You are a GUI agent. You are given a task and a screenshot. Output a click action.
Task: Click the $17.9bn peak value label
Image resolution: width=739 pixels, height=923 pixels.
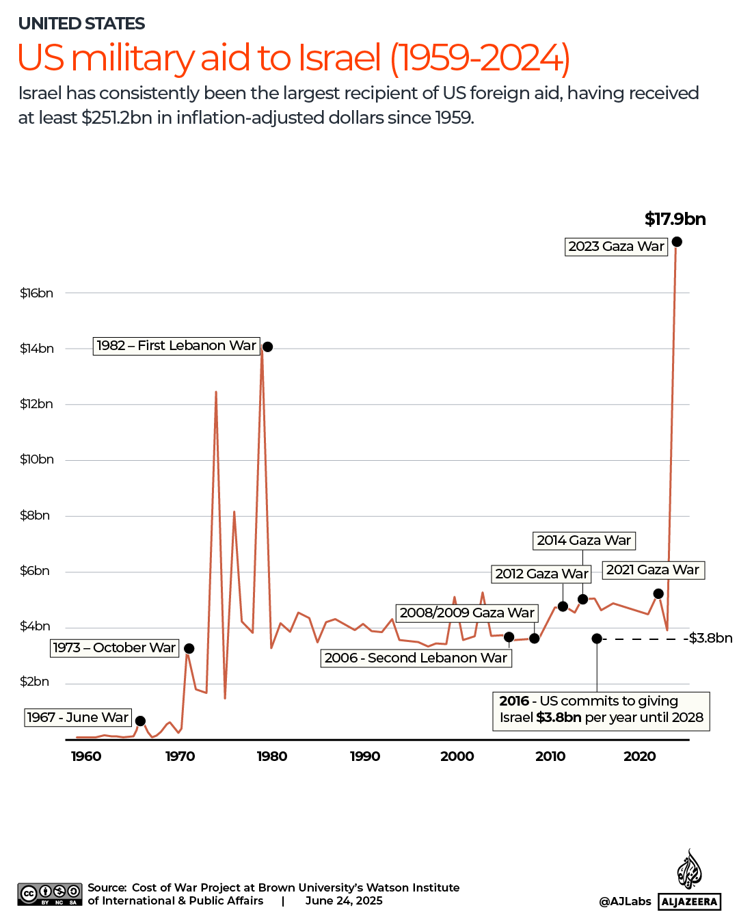[x=675, y=219]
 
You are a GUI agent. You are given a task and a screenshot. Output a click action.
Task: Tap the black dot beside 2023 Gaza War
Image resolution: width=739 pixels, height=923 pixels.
[x=677, y=242]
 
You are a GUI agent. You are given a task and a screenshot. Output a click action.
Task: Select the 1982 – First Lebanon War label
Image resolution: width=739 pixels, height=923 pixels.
[x=176, y=346]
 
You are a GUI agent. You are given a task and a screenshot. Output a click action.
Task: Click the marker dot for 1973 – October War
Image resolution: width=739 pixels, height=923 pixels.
[x=189, y=649]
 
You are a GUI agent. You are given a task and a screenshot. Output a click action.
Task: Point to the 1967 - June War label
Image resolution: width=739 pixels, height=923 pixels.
[x=78, y=717]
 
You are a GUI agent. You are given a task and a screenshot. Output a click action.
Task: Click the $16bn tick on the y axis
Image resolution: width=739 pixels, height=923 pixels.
[x=36, y=293]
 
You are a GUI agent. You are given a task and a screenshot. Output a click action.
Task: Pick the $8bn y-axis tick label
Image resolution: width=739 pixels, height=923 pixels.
[x=35, y=516]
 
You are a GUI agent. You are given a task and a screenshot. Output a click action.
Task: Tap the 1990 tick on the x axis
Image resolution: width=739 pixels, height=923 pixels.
[x=365, y=756]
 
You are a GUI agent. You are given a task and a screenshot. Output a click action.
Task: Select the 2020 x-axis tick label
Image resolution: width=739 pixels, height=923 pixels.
[x=639, y=756]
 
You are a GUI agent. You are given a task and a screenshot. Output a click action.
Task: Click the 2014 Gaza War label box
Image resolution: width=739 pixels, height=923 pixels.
[x=584, y=541]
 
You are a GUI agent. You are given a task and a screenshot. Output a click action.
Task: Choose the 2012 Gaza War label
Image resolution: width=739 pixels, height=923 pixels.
[x=541, y=574]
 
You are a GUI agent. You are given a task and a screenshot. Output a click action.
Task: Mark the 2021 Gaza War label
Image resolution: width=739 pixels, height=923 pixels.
[x=653, y=570]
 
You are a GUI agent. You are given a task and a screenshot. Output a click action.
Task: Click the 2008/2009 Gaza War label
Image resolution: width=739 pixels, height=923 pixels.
[x=467, y=613]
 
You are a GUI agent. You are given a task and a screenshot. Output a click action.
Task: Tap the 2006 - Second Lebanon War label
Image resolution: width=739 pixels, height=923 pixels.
[x=416, y=658]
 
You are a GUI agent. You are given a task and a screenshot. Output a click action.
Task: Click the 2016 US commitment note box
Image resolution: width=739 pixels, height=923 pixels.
[x=601, y=710]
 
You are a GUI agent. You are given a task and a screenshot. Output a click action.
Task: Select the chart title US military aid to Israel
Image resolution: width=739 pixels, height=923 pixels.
[x=293, y=58]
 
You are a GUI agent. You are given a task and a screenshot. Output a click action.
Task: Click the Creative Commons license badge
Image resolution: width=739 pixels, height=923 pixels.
[x=50, y=894]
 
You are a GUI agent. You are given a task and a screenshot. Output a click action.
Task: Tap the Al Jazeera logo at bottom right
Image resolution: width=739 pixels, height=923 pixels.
[x=690, y=882]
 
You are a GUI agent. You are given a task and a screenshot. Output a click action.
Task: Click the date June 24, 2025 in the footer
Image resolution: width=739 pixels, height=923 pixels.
[x=344, y=901]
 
